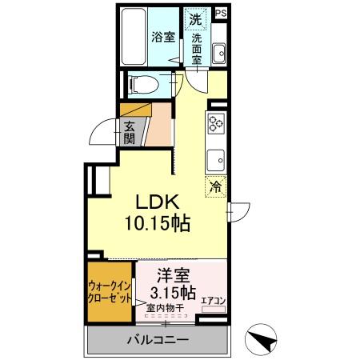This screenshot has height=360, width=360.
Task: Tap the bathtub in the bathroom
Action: point(133,37)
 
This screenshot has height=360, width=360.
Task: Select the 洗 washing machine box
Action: point(194,17)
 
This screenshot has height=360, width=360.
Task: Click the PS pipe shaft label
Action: point(221,14)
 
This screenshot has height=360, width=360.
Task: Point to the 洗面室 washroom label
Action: point(198,47)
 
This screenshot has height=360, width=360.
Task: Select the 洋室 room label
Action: point(172,274)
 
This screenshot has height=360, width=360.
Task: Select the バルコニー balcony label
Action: point(158,340)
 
